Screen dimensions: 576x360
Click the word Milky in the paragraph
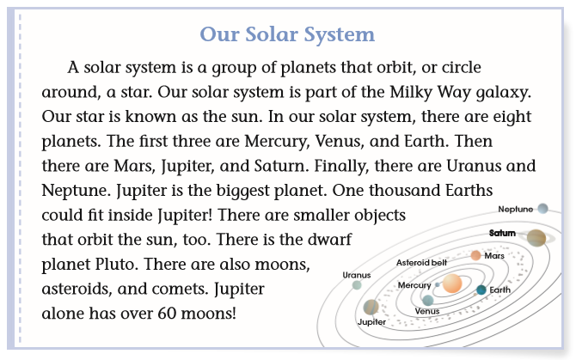(411, 92)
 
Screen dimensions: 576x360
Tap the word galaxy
(504, 93)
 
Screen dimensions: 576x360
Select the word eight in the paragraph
(512, 117)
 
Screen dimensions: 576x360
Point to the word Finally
(341, 166)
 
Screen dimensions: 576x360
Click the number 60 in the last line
(167, 314)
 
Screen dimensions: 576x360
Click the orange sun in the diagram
(452, 284)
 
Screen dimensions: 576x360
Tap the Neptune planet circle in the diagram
(542, 209)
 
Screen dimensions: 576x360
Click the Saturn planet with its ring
(536, 238)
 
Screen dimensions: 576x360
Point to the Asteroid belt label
(422, 262)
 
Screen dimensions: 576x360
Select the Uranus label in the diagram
(356, 275)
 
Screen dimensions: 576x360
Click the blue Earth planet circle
(481, 290)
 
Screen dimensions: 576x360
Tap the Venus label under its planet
(427, 311)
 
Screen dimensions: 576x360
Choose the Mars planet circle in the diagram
(475, 255)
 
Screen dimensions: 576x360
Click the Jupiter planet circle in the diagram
(371, 307)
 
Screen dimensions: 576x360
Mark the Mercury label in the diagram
(414, 285)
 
